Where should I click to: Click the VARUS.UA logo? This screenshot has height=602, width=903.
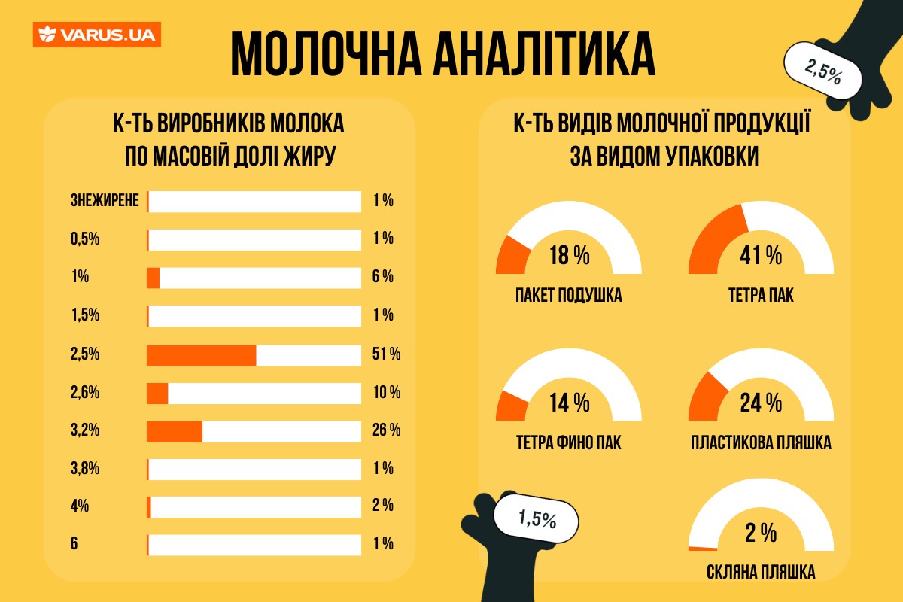point(96,35)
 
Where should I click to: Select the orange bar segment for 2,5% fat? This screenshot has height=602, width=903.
point(201,354)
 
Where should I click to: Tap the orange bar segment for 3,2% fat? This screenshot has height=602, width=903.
point(174,431)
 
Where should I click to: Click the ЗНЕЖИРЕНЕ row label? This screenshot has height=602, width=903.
point(105,201)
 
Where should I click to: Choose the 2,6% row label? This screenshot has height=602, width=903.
point(85,393)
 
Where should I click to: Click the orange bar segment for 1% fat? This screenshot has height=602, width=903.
point(153,278)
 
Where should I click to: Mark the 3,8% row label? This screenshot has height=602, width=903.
point(85,469)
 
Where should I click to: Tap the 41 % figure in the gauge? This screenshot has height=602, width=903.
point(761,257)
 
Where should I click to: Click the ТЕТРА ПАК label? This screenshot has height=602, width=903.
point(761,295)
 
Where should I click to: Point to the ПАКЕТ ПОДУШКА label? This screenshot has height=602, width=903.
point(569,295)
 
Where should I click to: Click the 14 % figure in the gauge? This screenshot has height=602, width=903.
point(569,404)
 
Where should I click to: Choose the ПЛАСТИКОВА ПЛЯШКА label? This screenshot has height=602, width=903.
point(761,442)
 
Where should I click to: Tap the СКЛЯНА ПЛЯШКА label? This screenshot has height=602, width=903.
point(761,573)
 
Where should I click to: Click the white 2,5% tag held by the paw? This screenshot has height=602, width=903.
point(822,70)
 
